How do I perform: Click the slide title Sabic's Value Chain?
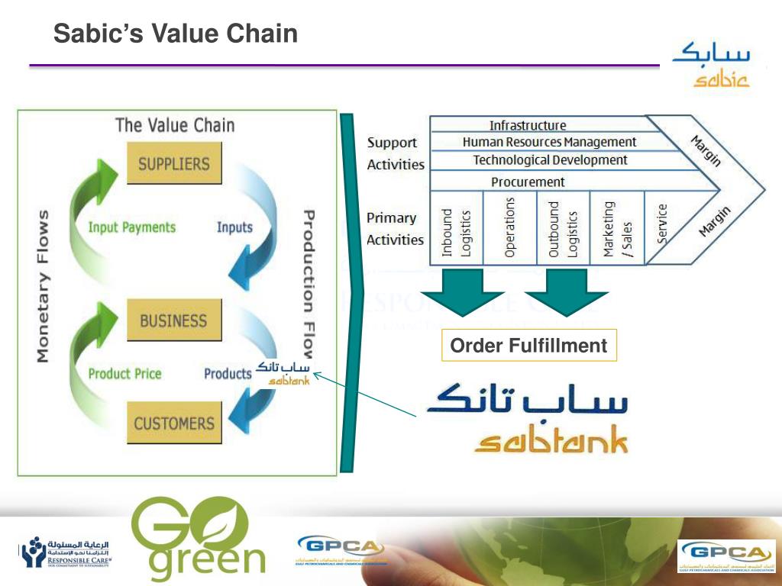pyautogui.click(x=175, y=34)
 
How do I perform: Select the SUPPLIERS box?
pyautogui.click(x=173, y=163)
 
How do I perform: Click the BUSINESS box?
pyautogui.click(x=173, y=320)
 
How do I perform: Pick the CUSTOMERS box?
pyautogui.click(x=174, y=423)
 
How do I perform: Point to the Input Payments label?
pyautogui.click(x=131, y=227)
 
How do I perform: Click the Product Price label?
pyautogui.click(x=124, y=374)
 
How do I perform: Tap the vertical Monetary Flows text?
pyautogui.click(x=43, y=285)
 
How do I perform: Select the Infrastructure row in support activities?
pyautogui.click(x=528, y=125)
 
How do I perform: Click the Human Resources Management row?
pyautogui.click(x=548, y=142)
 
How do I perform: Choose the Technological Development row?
pyautogui.click(x=550, y=160)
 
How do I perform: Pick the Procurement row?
pyautogui.click(x=528, y=182)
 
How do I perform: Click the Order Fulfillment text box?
pyautogui.click(x=528, y=346)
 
